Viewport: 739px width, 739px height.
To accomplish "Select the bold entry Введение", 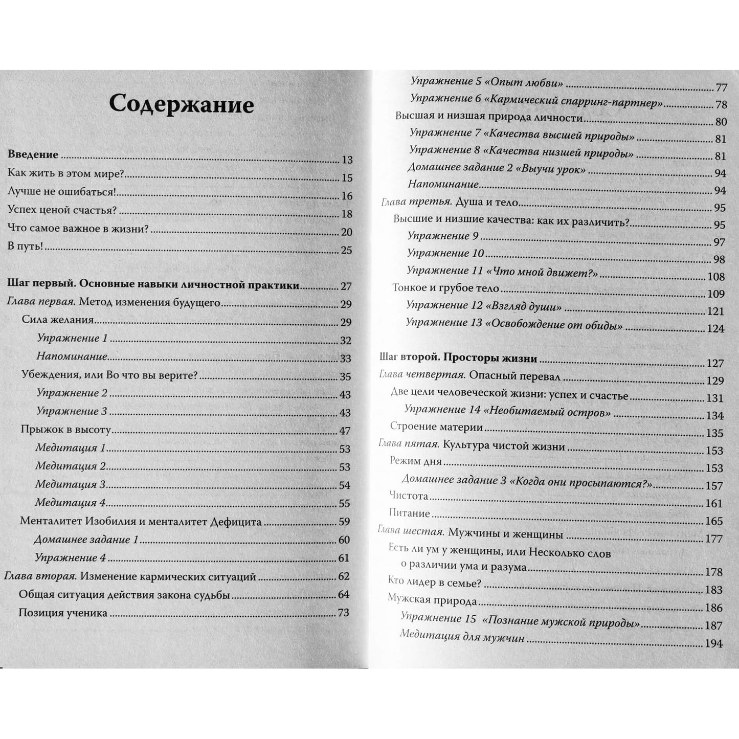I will pyautogui.click(x=33, y=154).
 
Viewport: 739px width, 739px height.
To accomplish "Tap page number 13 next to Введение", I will pyautogui.click(x=347, y=160).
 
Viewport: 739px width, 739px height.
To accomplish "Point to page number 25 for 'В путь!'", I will pyautogui.click(x=346, y=250).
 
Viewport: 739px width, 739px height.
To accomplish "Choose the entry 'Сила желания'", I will pyautogui.click(x=58, y=320).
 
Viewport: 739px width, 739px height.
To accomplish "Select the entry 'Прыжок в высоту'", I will pyautogui.click(x=65, y=430).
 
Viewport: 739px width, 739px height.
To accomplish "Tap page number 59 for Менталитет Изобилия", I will pyautogui.click(x=344, y=522).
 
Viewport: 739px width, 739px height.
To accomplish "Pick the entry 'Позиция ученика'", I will pyautogui.click(x=63, y=613).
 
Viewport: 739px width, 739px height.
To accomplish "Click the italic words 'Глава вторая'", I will pyautogui.click(x=40, y=576).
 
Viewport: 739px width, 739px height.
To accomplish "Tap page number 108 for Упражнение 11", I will pyautogui.click(x=715, y=277).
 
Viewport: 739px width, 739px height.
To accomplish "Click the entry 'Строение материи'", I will pyautogui.click(x=436, y=427).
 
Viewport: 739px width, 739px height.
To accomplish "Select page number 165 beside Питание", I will pyautogui.click(x=714, y=521).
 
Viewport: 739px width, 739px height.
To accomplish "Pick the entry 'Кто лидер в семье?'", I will pyautogui.click(x=435, y=584).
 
